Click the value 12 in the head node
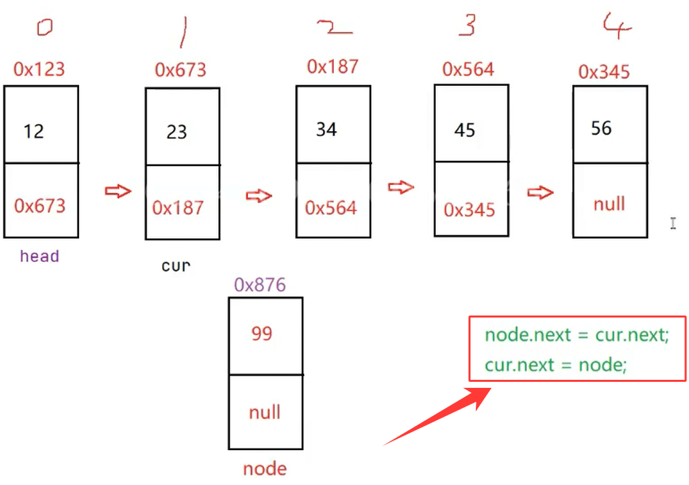tap(34, 131)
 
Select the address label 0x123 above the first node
tap(39, 69)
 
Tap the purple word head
tap(40, 256)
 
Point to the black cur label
tap(176, 265)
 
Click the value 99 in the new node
tap(261, 333)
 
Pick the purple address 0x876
tap(260, 285)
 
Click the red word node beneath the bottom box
tap(265, 469)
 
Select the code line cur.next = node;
tap(556, 365)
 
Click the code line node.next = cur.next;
tap(576, 334)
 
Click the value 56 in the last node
tap(601, 128)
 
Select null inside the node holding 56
tap(609, 204)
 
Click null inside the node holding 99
tap(265, 412)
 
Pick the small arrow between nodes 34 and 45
tap(401, 188)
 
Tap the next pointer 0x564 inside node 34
tap(331, 208)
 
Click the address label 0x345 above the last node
tap(604, 71)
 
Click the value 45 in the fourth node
tap(464, 130)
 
